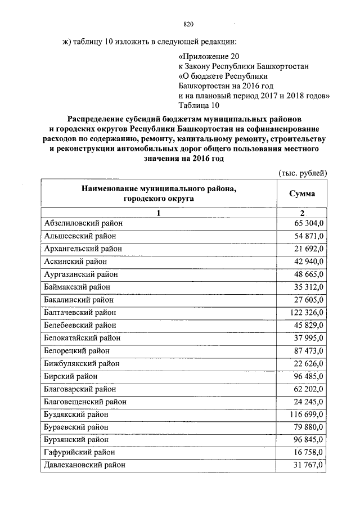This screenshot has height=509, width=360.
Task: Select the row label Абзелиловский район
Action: pyautogui.click(x=83, y=223)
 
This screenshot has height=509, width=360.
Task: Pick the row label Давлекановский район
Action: pyautogui.click(x=84, y=465)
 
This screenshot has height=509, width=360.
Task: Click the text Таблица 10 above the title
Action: pyautogui.click(x=197, y=105)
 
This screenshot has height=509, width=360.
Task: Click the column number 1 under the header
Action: pyautogui.click(x=159, y=213)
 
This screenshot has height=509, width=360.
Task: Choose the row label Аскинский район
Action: pyautogui.click(x=75, y=261)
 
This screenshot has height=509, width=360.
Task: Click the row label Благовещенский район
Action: pyautogui.click(x=85, y=402)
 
